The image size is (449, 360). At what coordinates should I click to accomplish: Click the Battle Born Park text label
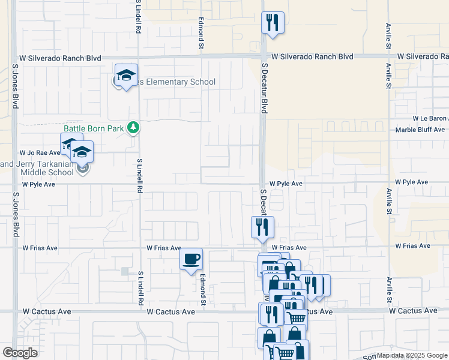[94, 128]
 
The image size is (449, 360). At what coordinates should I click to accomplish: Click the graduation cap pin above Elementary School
[126, 76]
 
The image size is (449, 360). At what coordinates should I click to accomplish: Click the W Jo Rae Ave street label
[40, 153]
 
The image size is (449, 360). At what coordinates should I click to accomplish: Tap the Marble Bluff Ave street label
[420, 130]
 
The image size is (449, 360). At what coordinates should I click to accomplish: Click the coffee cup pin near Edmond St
[191, 260]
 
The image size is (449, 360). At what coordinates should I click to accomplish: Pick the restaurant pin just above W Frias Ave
[262, 227]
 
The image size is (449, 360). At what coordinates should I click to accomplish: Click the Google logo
[20, 353]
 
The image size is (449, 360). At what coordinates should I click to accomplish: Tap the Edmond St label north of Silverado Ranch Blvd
[202, 33]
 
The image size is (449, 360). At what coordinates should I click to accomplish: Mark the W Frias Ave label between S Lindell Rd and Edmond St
[164, 248]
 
